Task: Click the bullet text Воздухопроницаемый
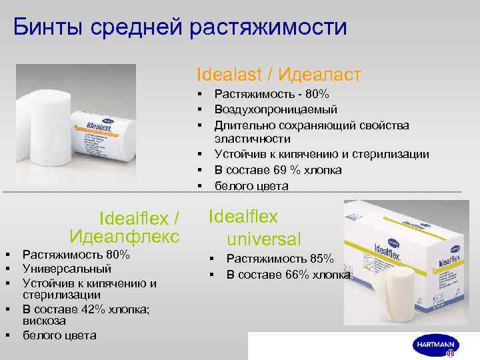pos(275,109)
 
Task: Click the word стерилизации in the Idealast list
pos(393,155)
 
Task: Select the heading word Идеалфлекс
pos(124,235)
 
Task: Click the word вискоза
pos(44,320)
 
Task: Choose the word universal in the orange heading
pos(263,238)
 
